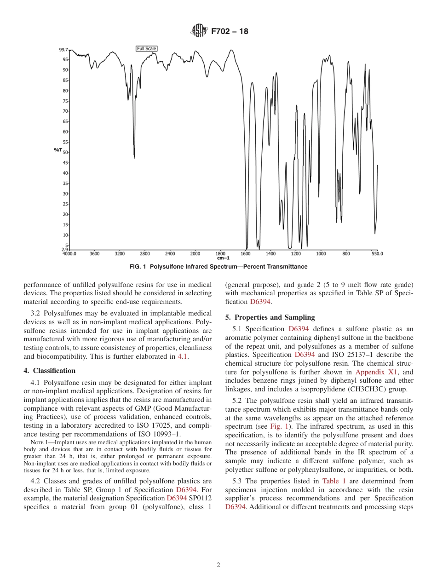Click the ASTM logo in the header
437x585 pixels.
[199, 31]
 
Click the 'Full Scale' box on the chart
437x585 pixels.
[147, 49]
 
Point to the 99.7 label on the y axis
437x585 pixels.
[63, 49]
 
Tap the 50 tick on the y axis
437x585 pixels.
[65, 152]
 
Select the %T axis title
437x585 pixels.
[57, 150]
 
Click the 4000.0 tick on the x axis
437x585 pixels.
[69, 253]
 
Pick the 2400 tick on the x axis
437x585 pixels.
[170, 253]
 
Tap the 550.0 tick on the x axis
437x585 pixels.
[378, 253]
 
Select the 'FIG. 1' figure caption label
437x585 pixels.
[139, 267]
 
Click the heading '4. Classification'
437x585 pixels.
[49, 371]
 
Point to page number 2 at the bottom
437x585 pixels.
[218, 565]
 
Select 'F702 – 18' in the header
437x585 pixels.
[230, 32]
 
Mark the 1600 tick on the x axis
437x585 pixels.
[246, 253]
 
